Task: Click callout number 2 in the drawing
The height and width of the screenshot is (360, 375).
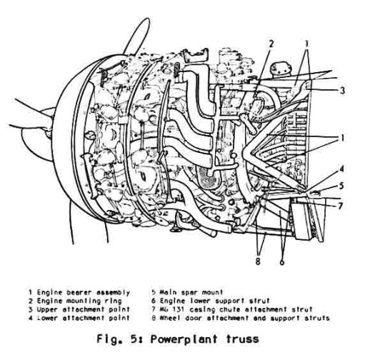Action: tap(271, 44)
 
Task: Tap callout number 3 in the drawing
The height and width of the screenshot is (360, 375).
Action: tap(343, 91)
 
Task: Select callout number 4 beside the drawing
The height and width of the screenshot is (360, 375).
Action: tap(341, 169)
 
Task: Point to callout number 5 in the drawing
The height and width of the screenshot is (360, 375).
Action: tap(341, 186)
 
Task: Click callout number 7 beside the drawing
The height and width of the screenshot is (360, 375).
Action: tap(340, 206)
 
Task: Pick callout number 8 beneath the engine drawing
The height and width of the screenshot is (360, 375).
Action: tap(258, 261)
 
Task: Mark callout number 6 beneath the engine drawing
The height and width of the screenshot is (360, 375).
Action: tap(282, 262)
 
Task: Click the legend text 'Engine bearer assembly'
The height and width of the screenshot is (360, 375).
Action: tap(84, 292)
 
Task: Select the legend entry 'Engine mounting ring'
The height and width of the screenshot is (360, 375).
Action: tap(79, 301)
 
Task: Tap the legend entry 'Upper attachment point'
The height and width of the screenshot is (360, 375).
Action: tap(84, 309)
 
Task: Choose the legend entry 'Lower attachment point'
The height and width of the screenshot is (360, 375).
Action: tap(84, 318)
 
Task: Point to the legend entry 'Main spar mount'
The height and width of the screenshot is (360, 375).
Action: tap(191, 292)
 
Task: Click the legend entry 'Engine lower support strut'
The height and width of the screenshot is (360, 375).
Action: tap(214, 301)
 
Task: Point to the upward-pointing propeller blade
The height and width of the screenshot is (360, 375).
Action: tap(136, 37)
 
